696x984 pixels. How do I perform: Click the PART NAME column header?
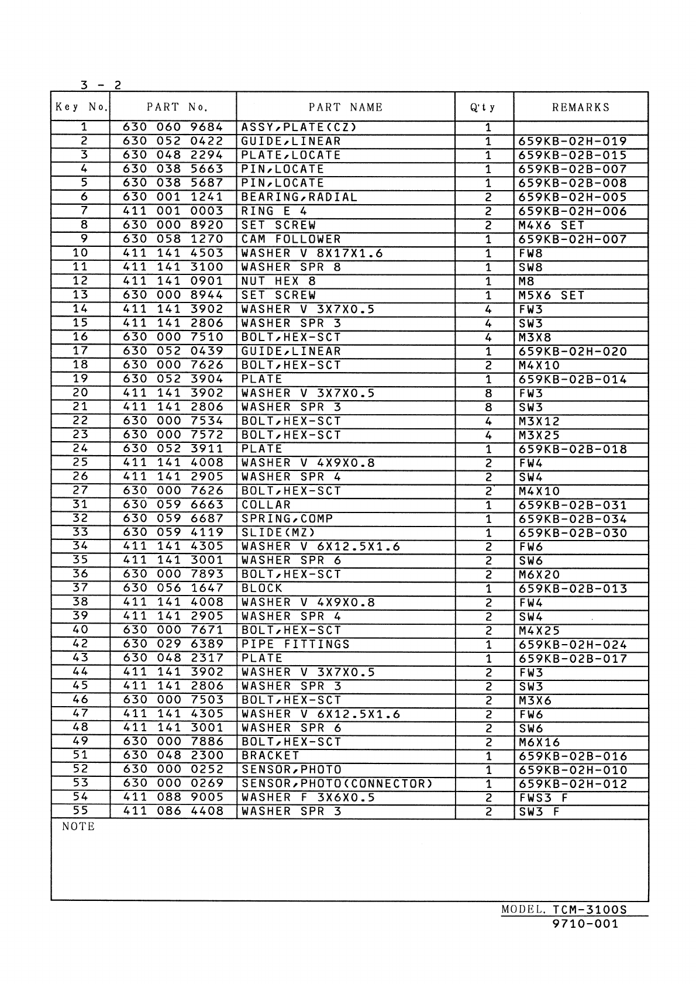click(x=346, y=107)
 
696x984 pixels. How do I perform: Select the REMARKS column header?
click(x=581, y=107)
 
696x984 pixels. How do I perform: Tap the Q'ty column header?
click(x=483, y=107)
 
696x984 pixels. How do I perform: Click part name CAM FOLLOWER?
click(x=291, y=239)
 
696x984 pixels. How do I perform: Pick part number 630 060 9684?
click(x=173, y=127)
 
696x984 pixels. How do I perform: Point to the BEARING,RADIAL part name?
click(x=299, y=197)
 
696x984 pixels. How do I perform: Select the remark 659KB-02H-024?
click(x=573, y=645)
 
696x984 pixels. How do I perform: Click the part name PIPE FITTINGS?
click(x=295, y=645)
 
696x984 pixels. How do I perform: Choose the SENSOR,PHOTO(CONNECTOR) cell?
click(x=337, y=784)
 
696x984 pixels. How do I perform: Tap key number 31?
click(x=80, y=504)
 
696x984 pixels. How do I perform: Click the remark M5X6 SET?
click(x=551, y=295)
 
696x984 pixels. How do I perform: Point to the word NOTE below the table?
click(x=78, y=827)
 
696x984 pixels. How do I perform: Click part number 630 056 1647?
click(x=173, y=589)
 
